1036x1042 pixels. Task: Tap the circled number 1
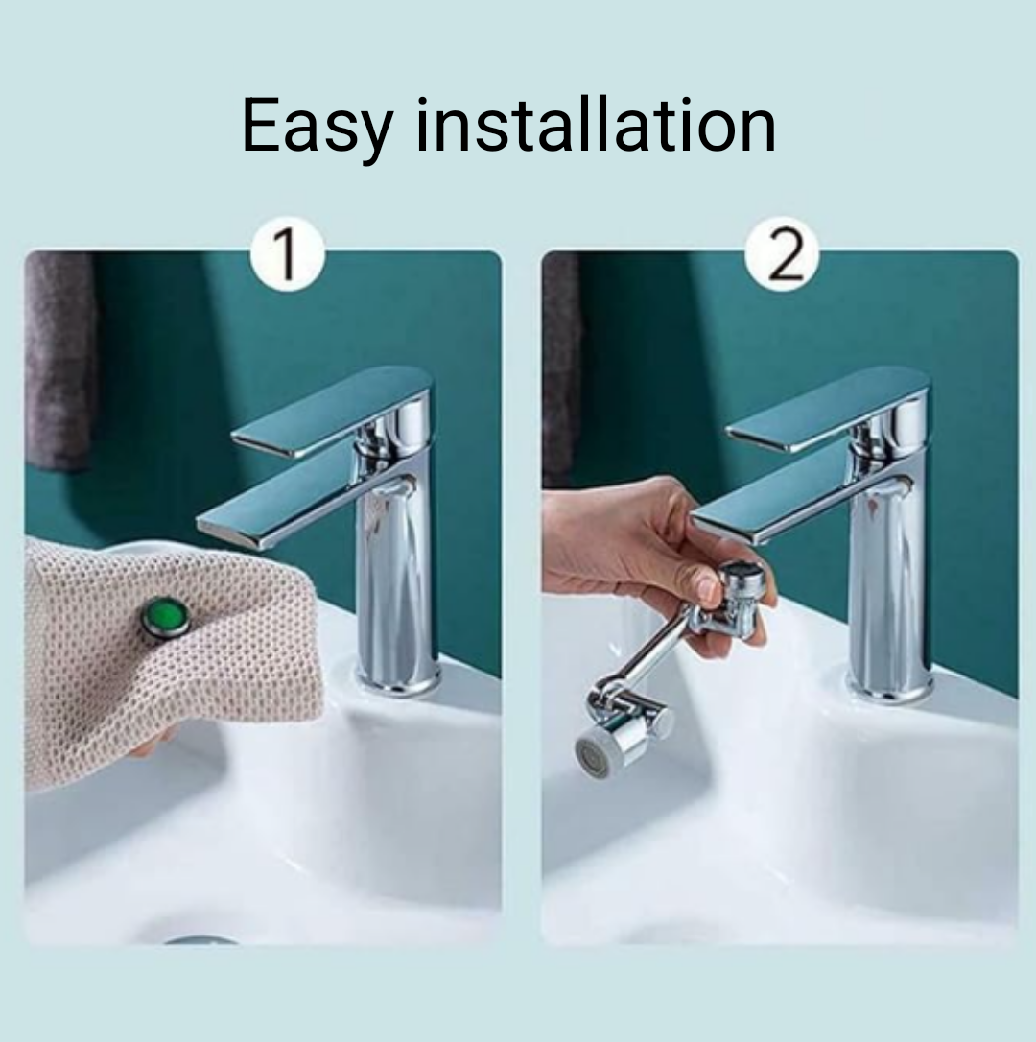point(288,254)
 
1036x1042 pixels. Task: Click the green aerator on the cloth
point(166,617)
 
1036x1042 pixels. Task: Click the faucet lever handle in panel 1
point(331,408)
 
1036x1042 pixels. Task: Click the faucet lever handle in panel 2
point(825,408)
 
